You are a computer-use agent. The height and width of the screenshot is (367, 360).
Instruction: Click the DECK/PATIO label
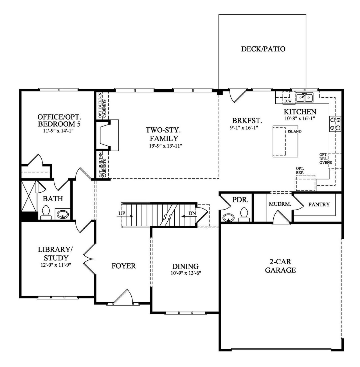(263, 49)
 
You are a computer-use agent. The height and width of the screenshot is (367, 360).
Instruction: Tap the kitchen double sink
(305, 97)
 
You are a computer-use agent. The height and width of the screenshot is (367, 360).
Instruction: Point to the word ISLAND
(294, 131)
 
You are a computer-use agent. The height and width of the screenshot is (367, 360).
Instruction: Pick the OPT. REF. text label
(300, 170)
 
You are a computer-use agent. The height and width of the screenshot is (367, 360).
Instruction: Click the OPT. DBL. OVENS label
(325, 159)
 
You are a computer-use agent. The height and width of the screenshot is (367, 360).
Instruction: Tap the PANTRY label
(319, 204)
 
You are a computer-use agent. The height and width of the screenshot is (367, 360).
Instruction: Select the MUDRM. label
(280, 204)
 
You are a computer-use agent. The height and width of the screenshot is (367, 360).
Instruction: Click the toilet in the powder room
(244, 213)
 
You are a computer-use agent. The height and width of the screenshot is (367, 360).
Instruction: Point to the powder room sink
(228, 217)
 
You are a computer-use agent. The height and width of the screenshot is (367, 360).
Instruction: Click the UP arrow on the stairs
(122, 213)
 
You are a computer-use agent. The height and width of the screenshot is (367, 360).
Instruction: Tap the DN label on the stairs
(192, 213)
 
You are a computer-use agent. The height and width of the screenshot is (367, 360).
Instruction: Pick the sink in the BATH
(62, 215)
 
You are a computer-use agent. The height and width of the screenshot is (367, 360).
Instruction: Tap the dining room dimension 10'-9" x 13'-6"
(185, 273)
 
